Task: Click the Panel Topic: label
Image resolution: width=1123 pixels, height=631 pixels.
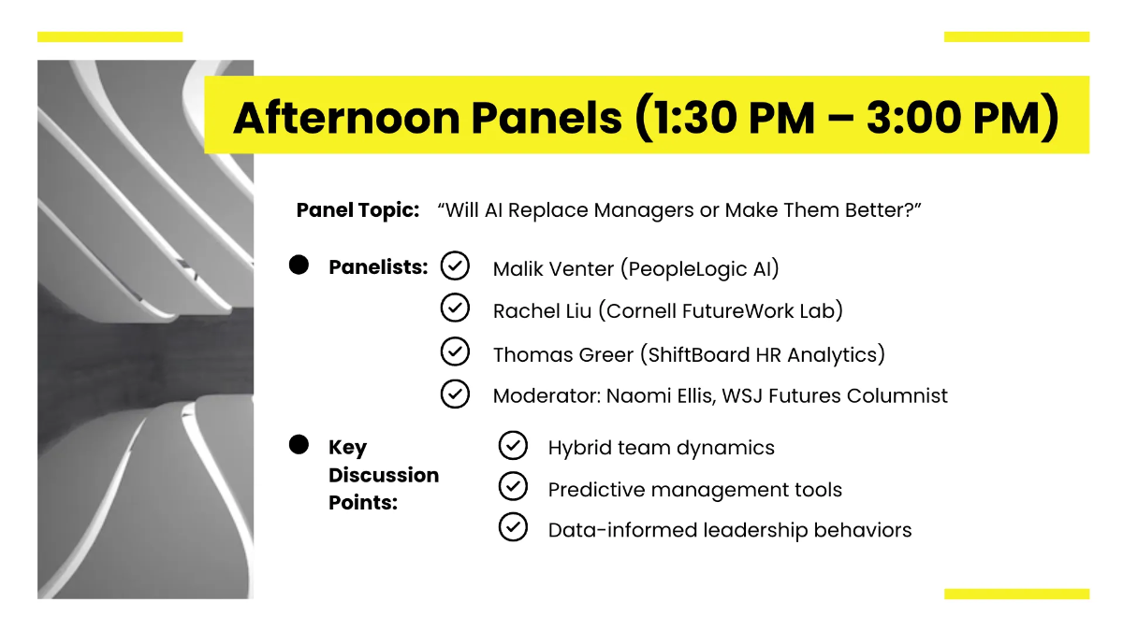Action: pos(357,210)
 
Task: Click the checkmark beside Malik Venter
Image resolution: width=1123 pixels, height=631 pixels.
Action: pos(455,266)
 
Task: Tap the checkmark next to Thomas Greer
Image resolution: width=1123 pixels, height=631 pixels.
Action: pos(455,352)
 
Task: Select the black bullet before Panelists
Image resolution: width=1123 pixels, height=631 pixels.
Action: pos(299,265)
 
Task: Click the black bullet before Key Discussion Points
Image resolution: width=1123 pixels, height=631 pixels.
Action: pos(299,445)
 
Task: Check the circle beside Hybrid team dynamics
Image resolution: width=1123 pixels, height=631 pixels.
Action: pos(513,446)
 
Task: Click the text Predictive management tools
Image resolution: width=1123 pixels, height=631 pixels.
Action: pos(694,490)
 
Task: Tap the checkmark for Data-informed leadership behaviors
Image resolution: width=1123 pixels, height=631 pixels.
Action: pos(513,527)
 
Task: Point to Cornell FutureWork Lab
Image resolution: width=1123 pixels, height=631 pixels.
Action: pos(724,311)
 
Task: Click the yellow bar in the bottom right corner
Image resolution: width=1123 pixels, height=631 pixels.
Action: pos(1016,594)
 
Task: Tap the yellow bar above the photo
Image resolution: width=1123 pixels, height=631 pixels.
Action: pos(109,36)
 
